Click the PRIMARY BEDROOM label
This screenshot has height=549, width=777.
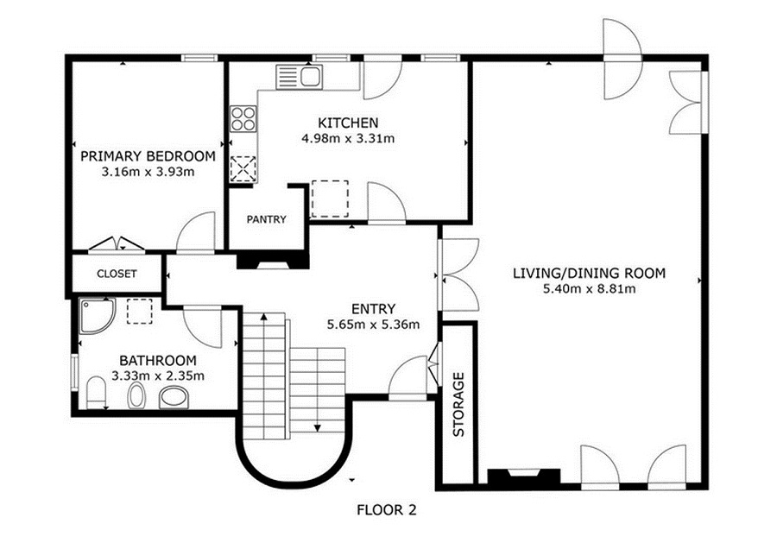tap(148, 156)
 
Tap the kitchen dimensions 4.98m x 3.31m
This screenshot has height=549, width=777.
tap(348, 138)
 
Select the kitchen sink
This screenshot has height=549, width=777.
tap(300, 77)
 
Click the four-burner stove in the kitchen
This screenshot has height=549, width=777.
tap(243, 119)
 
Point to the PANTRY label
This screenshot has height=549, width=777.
tap(267, 219)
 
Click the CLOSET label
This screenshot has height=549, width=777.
tap(117, 274)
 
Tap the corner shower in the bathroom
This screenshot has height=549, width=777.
tap(97, 316)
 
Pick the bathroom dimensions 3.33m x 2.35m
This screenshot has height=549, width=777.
tap(158, 376)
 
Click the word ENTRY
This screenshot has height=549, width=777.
tap(373, 309)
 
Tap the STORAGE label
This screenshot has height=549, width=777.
tap(459, 404)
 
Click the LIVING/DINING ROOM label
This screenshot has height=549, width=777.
tap(589, 273)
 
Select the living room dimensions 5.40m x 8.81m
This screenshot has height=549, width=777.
tap(589, 289)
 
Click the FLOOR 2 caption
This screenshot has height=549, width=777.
tap(387, 510)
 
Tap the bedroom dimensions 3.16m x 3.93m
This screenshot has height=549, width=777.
tap(148, 173)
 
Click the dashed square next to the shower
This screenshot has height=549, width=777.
tap(139, 311)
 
